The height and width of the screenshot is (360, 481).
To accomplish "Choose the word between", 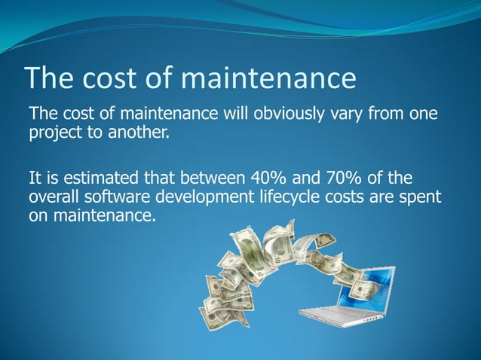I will pos(190,179).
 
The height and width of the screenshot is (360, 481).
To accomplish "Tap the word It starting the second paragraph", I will pos(34,179).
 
